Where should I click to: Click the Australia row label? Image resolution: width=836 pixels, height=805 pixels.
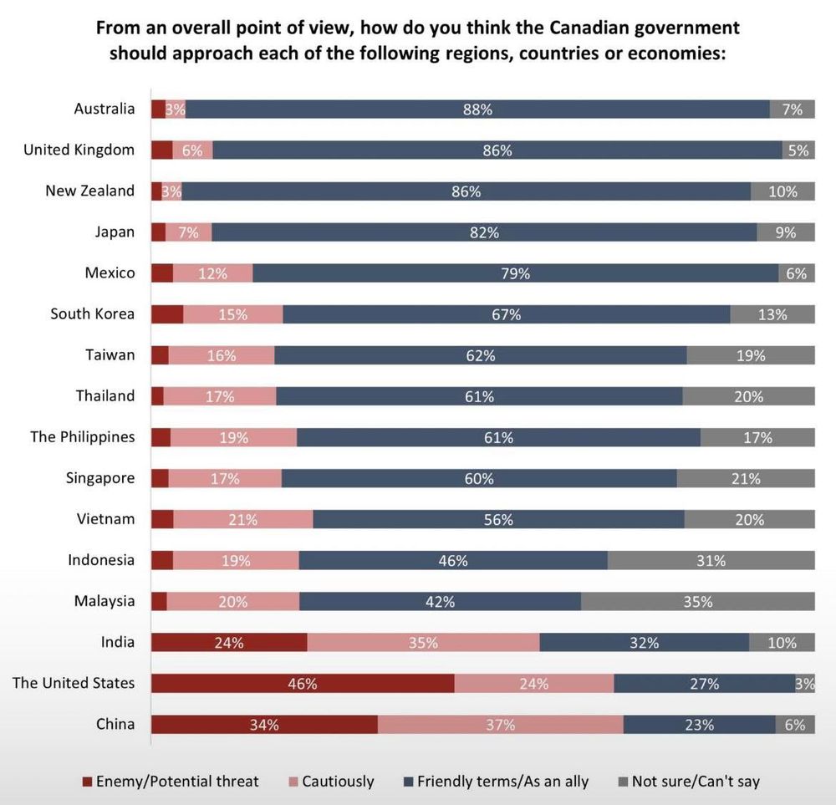pyautogui.click(x=104, y=109)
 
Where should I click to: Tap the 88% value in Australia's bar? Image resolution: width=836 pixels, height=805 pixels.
pyautogui.click(x=478, y=110)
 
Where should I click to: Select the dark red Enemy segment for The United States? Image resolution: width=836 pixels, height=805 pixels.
pyautogui.click(x=302, y=684)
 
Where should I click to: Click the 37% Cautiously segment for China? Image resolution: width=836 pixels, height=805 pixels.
pyautogui.click(x=500, y=725)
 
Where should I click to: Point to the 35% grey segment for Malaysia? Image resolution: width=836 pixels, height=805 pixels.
pyautogui.click(x=697, y=602)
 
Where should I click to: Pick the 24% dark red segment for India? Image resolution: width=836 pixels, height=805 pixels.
pyautogui.click(x=228, y=643)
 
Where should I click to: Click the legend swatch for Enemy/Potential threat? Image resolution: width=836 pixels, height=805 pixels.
pyautogui.click(x=87, y=782)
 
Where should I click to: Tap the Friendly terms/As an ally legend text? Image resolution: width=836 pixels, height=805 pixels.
pyautogui.click(x=502, y=782)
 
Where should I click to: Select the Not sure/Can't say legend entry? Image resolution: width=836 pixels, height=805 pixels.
pyautogui.click(x=696, y=782)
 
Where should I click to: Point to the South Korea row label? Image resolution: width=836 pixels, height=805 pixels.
pyautogui.click(x=92, y=313)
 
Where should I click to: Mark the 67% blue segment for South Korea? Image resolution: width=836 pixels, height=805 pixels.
pyautogui.click(x=507, y=314)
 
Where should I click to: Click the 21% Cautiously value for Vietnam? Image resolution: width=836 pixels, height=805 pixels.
pyautogui.click(x=242, y=520)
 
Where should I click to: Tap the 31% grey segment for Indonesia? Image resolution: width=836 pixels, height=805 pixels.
pyautogui.click(x=711, y=561)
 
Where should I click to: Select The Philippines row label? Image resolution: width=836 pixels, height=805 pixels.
pyautogui.click(x=82, y=437)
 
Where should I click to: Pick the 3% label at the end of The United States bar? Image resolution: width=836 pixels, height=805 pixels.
pyautogui.click(x=805, y=684)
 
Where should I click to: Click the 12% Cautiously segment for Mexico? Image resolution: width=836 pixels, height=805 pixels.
pyautogui.click(x=212, y=273)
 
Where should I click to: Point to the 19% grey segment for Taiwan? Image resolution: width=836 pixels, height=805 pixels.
pyautogui.click(x=751, y=355)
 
